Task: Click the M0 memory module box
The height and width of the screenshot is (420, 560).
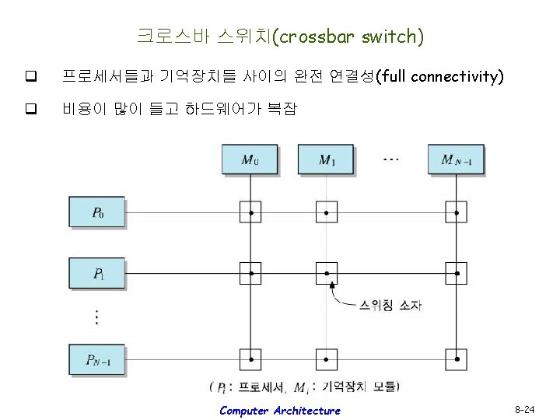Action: (250, 160)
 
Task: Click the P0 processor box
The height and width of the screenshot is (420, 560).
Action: (97, 212)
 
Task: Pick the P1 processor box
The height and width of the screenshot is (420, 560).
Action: (97, 273)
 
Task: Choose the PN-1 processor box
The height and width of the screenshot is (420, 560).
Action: (97, 359)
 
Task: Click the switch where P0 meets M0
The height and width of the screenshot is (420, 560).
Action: (250, 212)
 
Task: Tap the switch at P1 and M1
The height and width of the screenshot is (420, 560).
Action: (327, 273)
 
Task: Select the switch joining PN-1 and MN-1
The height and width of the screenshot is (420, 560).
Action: (457, 359)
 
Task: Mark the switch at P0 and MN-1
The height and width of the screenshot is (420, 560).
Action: (457, 212)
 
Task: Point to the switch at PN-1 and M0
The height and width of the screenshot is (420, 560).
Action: (250, 359)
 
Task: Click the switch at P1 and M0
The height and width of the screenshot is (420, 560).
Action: (250, 273)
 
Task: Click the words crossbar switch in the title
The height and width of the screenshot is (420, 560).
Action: (351, 36)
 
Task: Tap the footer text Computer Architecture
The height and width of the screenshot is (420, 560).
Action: (279, 411)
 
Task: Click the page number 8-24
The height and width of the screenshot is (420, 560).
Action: (527, 408)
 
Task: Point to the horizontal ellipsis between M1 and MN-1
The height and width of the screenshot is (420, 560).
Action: (391, 159)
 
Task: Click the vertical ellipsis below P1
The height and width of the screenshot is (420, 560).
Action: (96, 317)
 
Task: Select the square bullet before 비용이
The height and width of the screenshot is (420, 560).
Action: (31, 110)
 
